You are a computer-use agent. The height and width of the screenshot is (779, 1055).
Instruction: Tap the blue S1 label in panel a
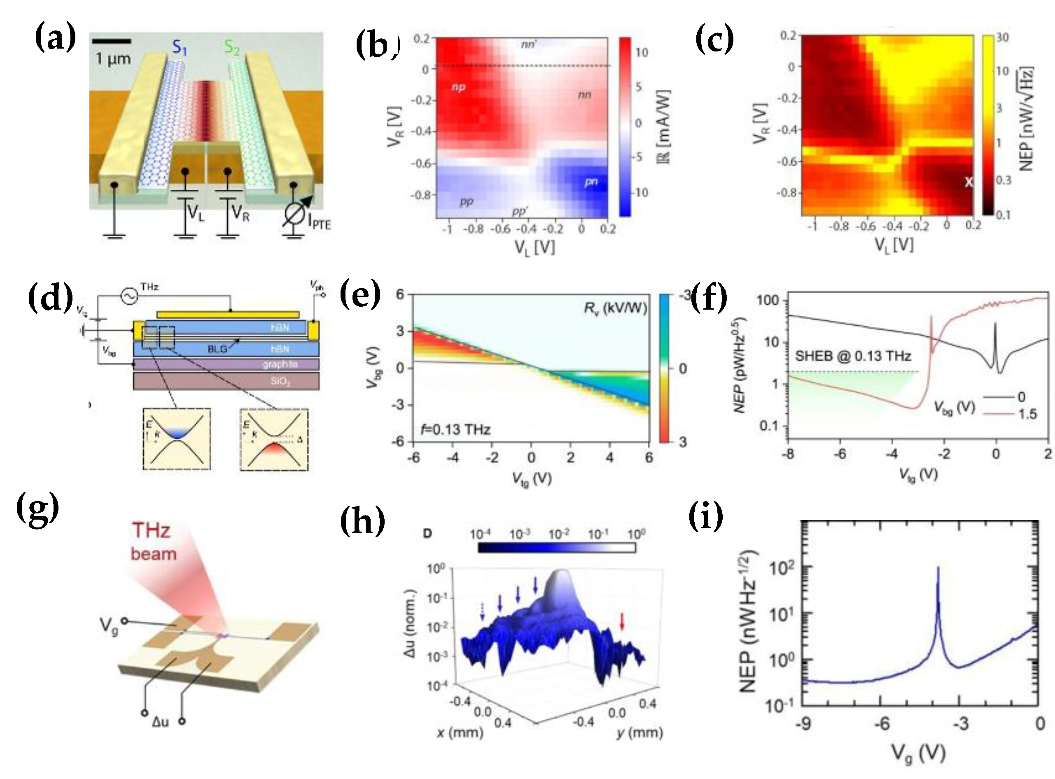click(x=179, y=47)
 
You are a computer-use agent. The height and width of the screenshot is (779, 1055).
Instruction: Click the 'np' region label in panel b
click(x=458, y=87)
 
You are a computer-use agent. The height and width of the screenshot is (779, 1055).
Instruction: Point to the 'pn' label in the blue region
click(x=591, y=182)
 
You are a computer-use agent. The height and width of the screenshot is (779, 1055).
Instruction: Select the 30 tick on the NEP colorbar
click(x=1003, y=38)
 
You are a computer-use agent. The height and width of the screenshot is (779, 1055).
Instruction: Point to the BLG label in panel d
click(x=217, y=349)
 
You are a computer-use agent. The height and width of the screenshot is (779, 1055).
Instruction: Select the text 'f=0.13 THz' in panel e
click(x=455, y=429)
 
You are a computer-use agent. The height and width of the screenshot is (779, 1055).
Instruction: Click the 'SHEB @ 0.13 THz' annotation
click(x=853, y=356)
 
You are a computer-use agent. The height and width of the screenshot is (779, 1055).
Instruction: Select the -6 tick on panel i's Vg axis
click(x=881, y=723)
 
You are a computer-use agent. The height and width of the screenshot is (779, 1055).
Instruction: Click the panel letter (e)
click(x=360, y=294)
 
